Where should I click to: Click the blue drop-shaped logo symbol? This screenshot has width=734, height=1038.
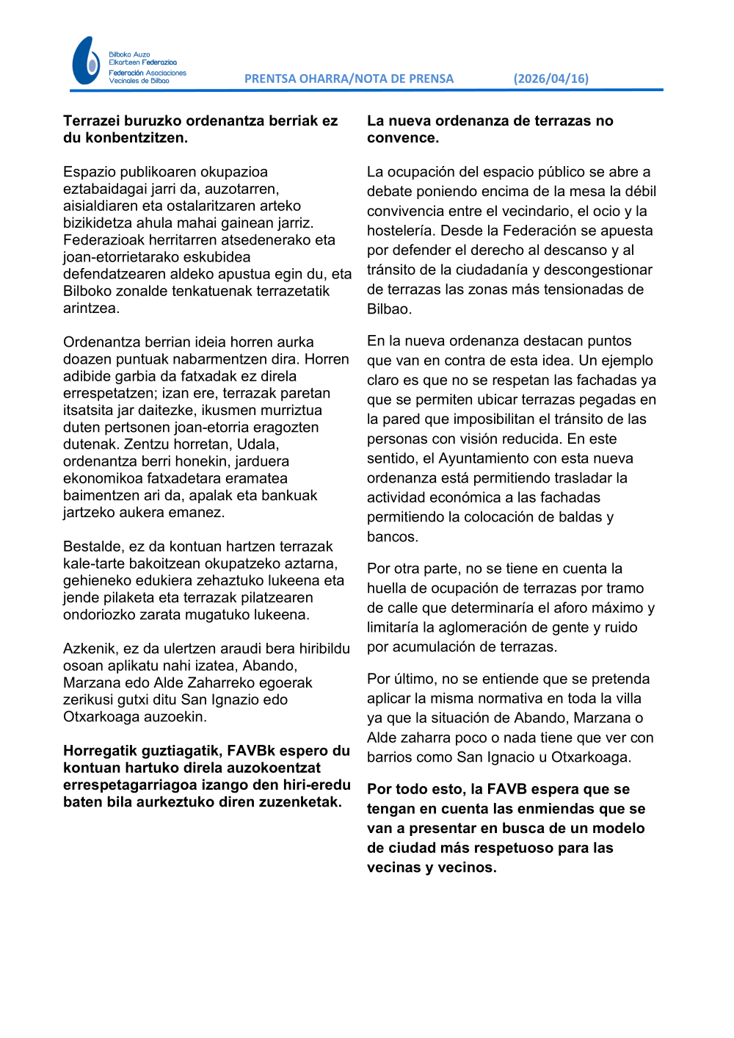point(86,61)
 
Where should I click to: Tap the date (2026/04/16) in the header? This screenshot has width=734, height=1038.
point(550,79)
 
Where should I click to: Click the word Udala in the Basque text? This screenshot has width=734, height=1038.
point(257,444)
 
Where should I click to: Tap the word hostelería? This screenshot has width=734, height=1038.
point(399,231)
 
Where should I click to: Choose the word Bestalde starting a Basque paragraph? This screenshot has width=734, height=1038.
point(92,547)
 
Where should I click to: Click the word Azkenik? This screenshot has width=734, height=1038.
point(90,649)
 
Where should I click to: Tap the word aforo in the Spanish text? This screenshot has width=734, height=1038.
point(579,608)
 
